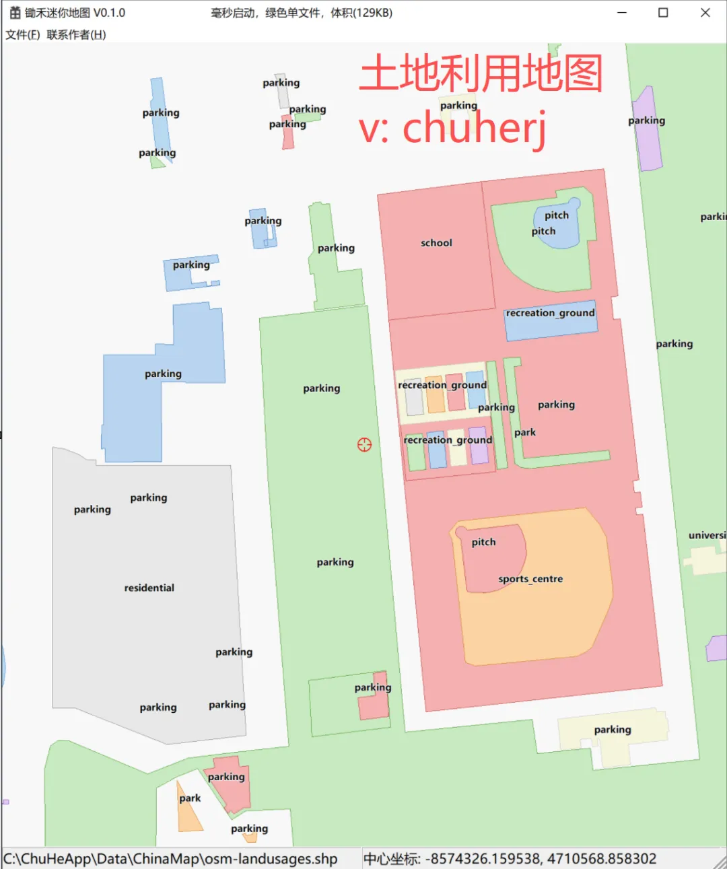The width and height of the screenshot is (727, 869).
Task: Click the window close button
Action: [x=705, y=13]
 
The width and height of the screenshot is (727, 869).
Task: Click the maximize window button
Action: [x=663, y=13]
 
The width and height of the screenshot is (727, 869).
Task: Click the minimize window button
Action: [x=622, y=13]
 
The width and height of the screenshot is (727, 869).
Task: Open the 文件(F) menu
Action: [x=23, y=35]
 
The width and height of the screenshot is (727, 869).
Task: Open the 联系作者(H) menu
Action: [x=76, y=35]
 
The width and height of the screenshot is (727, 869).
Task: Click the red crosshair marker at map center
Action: [x=364, y=444]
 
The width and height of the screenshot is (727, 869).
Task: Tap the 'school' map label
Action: [x=436, y=243]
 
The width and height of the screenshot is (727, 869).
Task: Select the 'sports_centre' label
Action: [x=530, y=579]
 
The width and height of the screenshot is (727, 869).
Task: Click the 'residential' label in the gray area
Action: [x=149, y=588]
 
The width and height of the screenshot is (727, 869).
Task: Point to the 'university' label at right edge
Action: [x=707, y=535]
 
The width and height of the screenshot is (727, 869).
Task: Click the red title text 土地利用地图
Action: [x=481, y=73]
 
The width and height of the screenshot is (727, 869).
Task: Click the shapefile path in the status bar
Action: [x=170, y=859]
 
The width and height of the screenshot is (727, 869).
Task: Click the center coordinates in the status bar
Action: [x=510, y=859]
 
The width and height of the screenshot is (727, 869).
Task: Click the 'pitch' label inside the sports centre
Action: [x=483, y=542]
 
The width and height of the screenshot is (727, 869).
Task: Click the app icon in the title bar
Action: [x=15, y=13]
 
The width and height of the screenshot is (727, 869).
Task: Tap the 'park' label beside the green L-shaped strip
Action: [x=525, y=432]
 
